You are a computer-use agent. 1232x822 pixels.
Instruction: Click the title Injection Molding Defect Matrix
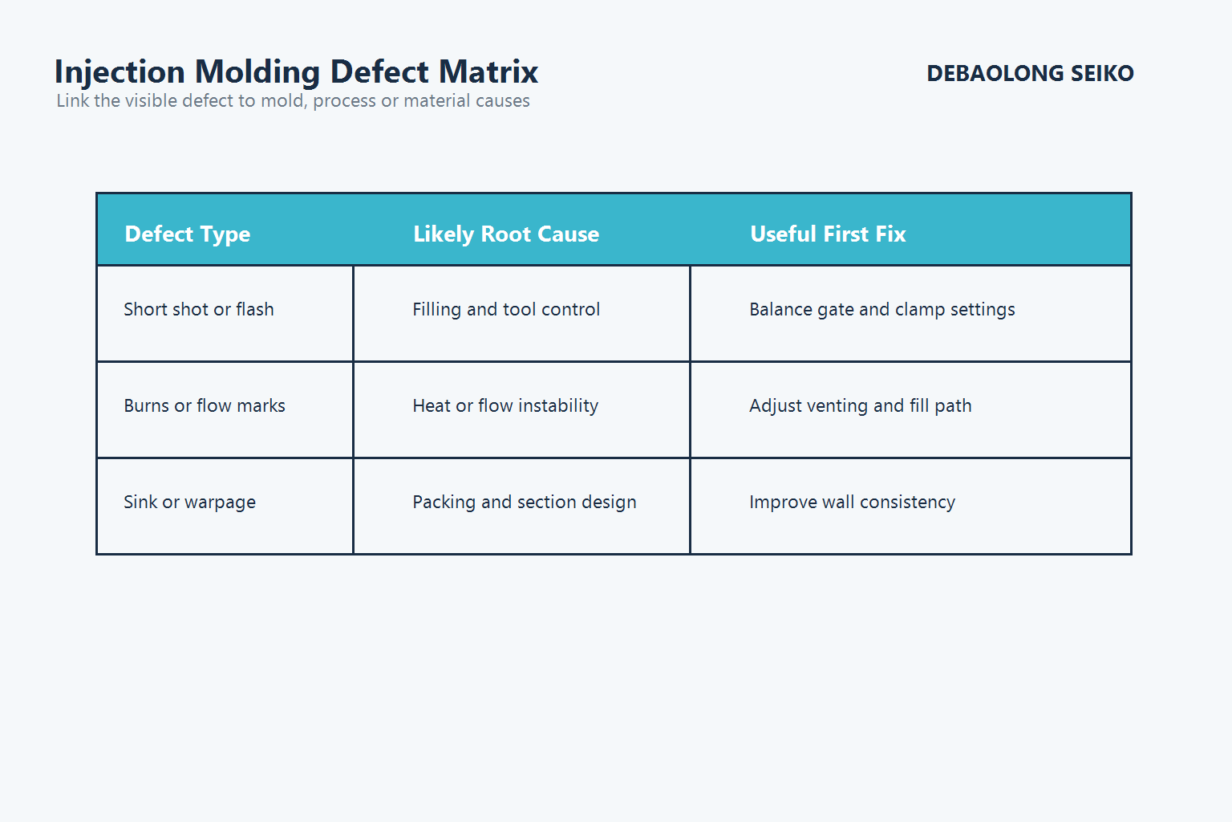tap(296, 72)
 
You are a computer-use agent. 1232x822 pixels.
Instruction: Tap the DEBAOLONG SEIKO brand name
tap(1030, 74)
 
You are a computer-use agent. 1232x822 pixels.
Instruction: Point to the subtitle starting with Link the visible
tap(293, 101)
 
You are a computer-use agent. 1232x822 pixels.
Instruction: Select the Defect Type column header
tap(188, 234)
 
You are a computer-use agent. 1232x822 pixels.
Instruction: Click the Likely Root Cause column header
tap(506, 234)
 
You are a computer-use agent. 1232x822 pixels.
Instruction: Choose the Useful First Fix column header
tap(828, 234)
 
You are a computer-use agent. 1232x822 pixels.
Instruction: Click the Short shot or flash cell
tap(199, 310)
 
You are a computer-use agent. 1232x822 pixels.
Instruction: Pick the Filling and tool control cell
tap(506, 310)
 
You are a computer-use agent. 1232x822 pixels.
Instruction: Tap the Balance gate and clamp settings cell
tap(882, 310)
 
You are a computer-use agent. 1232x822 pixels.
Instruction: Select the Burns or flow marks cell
tap(205, 406)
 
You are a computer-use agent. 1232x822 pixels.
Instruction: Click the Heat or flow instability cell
tap(505, 406)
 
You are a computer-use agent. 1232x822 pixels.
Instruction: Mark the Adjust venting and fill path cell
tap(861, 406)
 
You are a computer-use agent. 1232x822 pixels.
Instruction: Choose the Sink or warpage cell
tap(190, 503)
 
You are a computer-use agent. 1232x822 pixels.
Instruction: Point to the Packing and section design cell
tap(525, 503)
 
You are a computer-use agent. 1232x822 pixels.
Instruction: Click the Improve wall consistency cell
tap(853, 503)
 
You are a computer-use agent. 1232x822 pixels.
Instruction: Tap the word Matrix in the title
tap(488, 72)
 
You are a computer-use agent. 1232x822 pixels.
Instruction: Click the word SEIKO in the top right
tap(1102, 74)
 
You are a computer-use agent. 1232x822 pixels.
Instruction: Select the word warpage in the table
tap(220, 503)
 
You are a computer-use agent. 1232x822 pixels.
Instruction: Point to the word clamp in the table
tap(919, 311)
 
